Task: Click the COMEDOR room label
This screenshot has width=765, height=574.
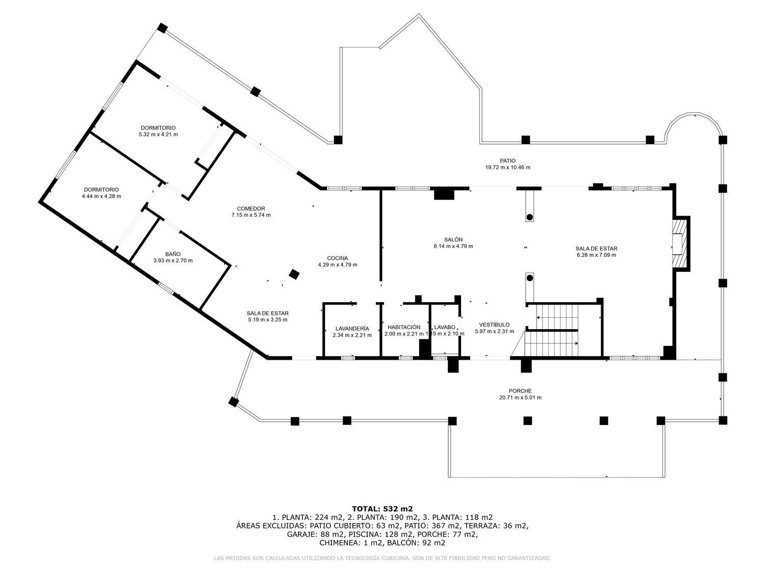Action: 251,208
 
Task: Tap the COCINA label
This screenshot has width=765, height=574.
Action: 338,258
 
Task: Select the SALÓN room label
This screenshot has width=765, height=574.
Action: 453,239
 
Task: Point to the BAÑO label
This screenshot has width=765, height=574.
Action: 173,254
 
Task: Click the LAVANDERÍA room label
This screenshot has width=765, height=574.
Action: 352,328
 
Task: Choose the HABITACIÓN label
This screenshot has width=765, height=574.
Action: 404,327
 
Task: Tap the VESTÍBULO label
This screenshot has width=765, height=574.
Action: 494,325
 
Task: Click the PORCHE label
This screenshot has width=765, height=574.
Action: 520,391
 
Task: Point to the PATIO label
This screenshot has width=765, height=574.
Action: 508,161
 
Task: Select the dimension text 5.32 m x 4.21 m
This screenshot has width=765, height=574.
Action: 158,134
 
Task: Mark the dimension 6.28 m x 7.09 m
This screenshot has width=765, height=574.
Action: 596,255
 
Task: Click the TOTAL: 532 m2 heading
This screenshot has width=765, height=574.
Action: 382,509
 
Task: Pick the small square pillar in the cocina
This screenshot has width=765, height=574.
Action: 294,274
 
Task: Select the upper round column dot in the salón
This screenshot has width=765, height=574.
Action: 529,217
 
